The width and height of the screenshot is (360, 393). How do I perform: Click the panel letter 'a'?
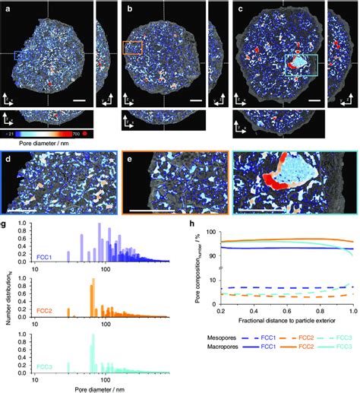6,9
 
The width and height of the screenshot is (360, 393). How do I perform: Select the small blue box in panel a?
22,55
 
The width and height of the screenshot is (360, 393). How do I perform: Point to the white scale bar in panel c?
313,100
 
